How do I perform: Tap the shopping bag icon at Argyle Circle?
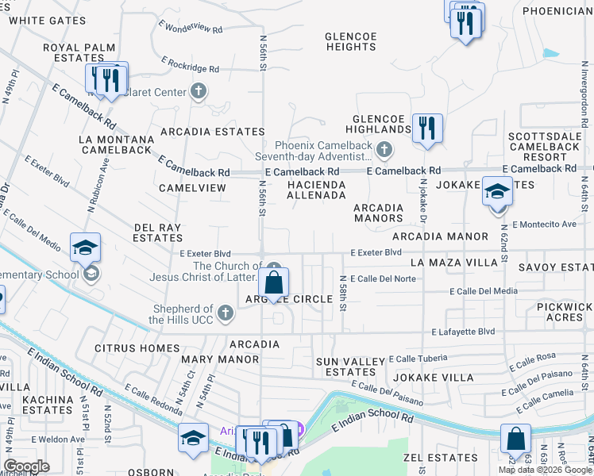point(273,282)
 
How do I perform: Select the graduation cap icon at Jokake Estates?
point(497,193)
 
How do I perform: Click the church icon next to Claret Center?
point(199,92)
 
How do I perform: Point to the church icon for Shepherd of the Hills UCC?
point(226,313)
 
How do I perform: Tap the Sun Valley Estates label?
point(350,367)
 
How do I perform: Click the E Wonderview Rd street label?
point(191,28)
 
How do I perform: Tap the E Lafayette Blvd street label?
point(463,332)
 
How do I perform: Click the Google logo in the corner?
point(27,466)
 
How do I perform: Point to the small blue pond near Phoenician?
point(550,54)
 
